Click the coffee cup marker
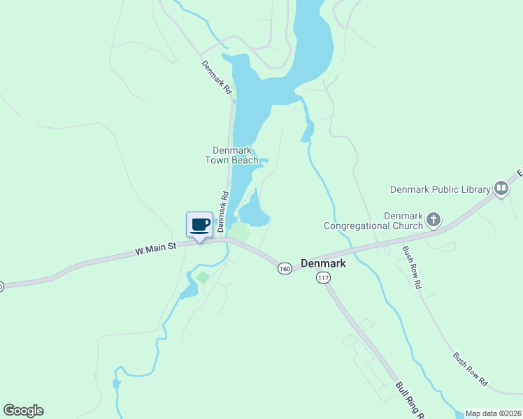pos(199,225)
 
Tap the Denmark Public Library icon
pos(501,188)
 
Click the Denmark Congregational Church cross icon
pos(434,221)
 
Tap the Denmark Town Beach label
pos(231,155)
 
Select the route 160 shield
pos(285,269)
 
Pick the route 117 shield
pos(322,277)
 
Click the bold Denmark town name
pos(323,263)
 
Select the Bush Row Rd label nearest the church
pos(412,267)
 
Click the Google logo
pos(23,411)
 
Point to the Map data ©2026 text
pos(493,413)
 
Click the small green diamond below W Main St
pos(202,278)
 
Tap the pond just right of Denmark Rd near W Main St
pos(254,212)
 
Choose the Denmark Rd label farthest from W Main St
pos(217,78)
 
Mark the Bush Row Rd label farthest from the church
pos(470,369)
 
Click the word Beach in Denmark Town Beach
pos(245,160)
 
